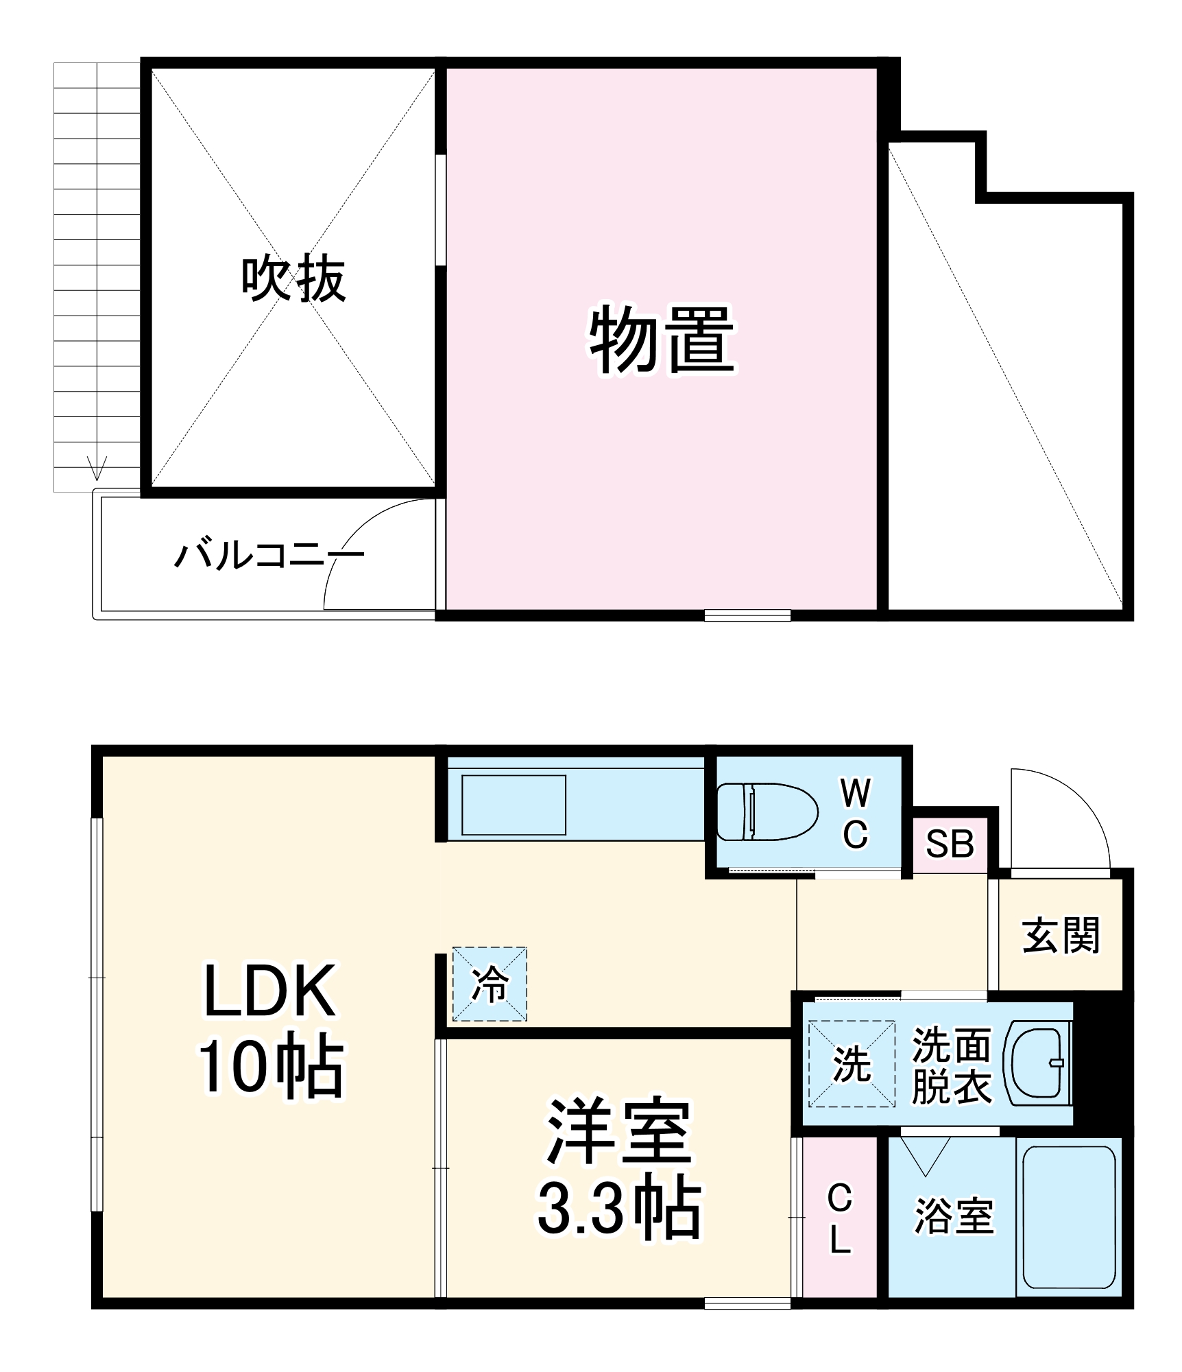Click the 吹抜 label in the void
tap(293, 279)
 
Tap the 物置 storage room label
tap(662, 340)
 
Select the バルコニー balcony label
tap(269, 554)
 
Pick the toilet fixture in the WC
tap(767, 812)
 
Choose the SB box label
tap(950, 844)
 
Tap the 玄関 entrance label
tap(1061, 936)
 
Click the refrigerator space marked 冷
tap(490, 984)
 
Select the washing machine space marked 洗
tap(852, 1064)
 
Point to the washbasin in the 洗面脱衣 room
tap(1037, 1063)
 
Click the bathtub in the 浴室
tap(1069, 1217)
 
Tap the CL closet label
tap(840, 1219)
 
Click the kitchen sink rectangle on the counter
tap(514, 805)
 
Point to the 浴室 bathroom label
tap(954, 1216)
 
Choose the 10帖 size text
tap(272, 1065)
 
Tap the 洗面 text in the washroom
tap(952, 1045)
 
